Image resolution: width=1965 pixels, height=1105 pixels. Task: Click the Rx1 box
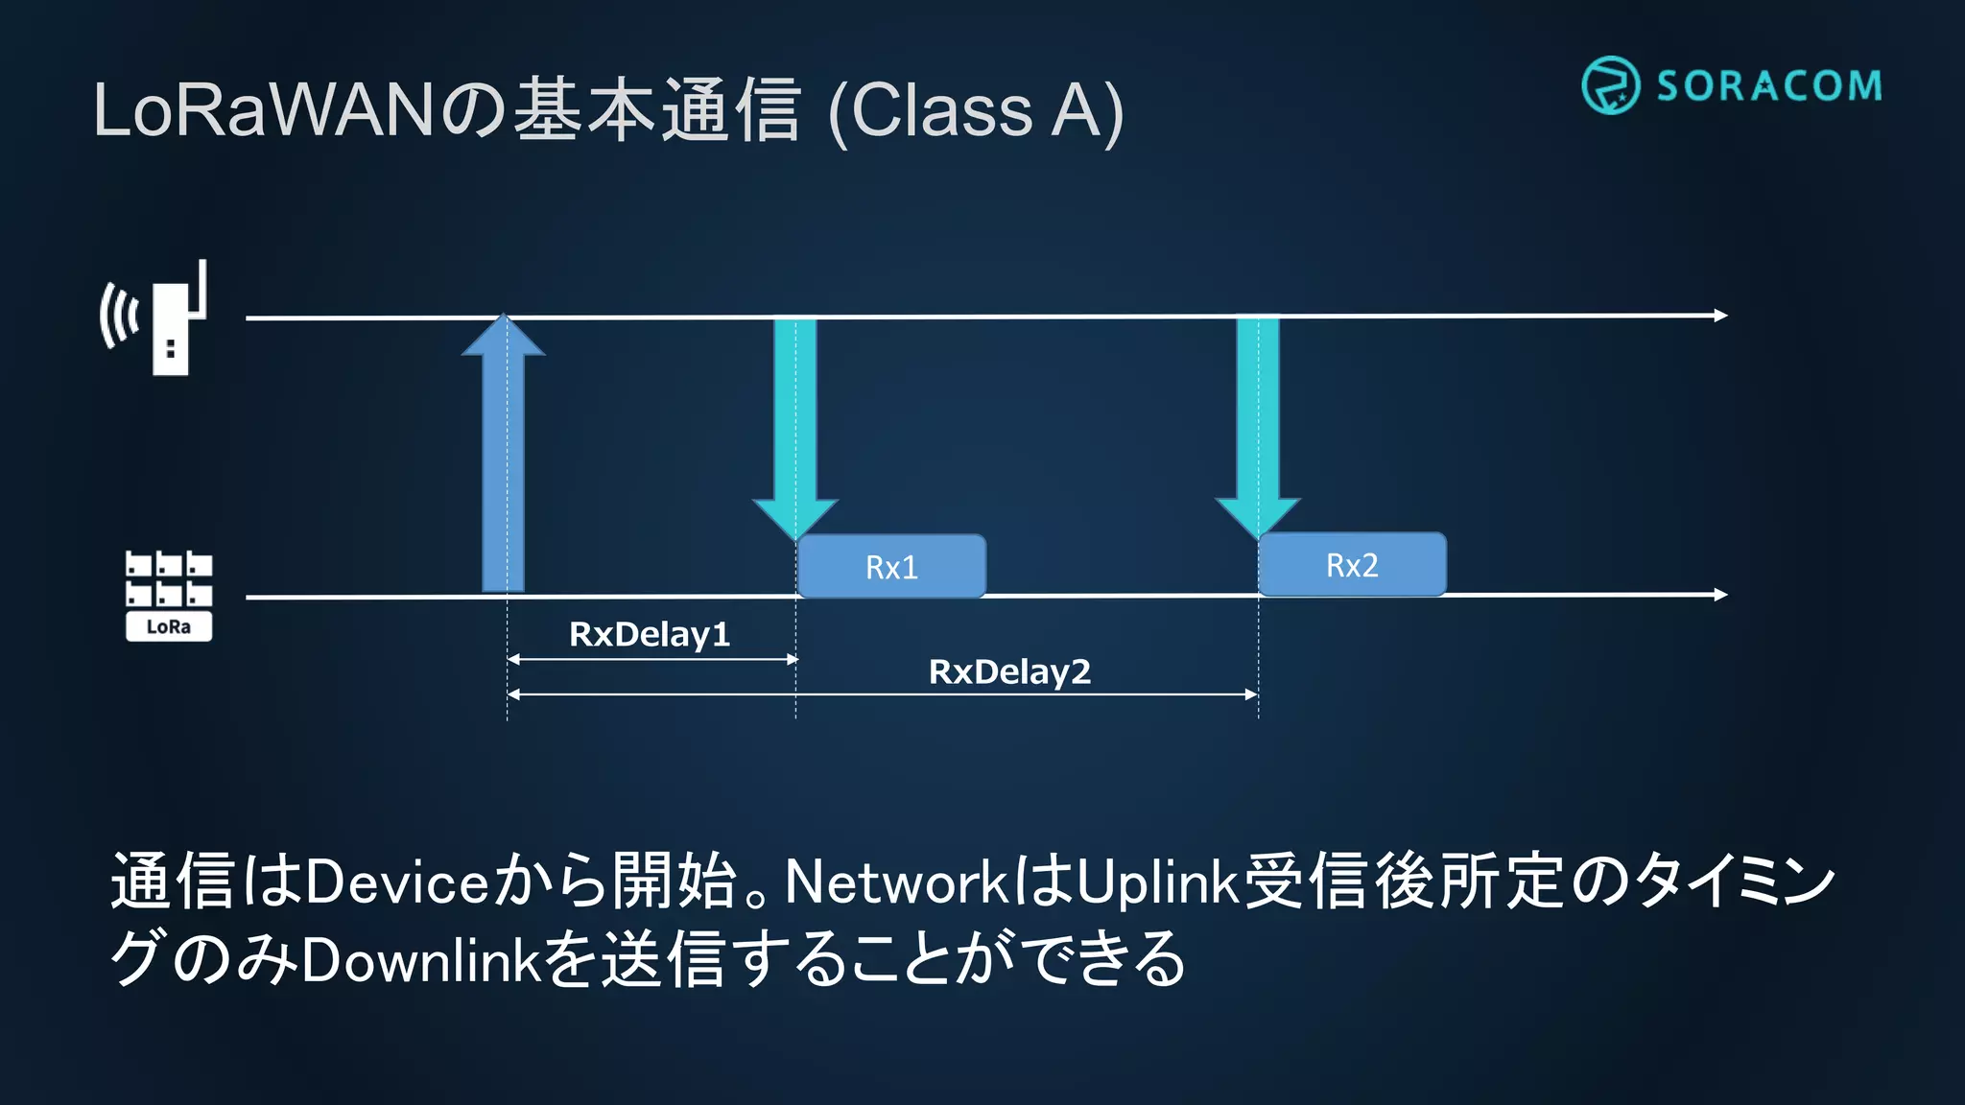[x=891, y=567]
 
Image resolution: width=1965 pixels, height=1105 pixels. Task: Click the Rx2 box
[x=1352, y=565]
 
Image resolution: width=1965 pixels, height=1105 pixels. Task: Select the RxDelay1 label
[x=650, y=634]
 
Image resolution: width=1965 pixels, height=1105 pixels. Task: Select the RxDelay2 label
[x=1009, y=671]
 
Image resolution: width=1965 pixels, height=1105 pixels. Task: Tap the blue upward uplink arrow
[x=503, y=460]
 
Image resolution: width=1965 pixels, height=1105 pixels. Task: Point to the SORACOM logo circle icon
[x=1610, y=85]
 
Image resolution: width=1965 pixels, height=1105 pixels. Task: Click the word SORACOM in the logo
[x=1769, y=86]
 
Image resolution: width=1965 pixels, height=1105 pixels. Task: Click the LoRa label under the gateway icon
[x=169, y=627]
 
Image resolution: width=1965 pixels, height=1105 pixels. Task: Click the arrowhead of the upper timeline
[x=1719, y=315]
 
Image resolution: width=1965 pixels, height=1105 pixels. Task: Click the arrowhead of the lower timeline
[x=1719, y=595]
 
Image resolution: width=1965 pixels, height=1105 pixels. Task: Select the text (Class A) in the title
[x=975, y=111]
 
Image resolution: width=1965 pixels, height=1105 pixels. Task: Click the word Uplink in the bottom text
[x=1158, y=882]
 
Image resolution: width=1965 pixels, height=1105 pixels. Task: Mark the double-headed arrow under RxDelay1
[x=652, y=659]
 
